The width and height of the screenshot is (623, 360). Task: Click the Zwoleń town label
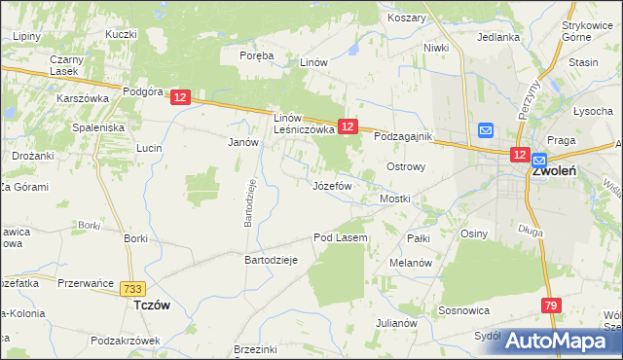click(554, 170)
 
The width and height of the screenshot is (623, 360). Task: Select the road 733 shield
click(134, 289)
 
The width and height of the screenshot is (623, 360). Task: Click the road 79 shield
click(552, 306)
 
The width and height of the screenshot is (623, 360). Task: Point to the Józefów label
click(332, 185)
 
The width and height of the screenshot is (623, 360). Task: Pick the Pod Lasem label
click(340, 237)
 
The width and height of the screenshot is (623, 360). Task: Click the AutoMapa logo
click(562, 341)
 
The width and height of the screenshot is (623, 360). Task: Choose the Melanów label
click(410, 263)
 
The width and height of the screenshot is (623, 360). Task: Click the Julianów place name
click(396, 323)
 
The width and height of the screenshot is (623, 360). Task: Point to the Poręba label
click(258, 55)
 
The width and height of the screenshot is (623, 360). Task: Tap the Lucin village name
click(149, 148)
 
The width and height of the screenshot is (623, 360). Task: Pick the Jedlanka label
click(497, 37)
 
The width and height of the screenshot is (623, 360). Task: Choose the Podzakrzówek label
click(124, 341)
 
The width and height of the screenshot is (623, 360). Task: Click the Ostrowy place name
click(407, 166)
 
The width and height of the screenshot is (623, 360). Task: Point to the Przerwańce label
click(80, 283)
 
